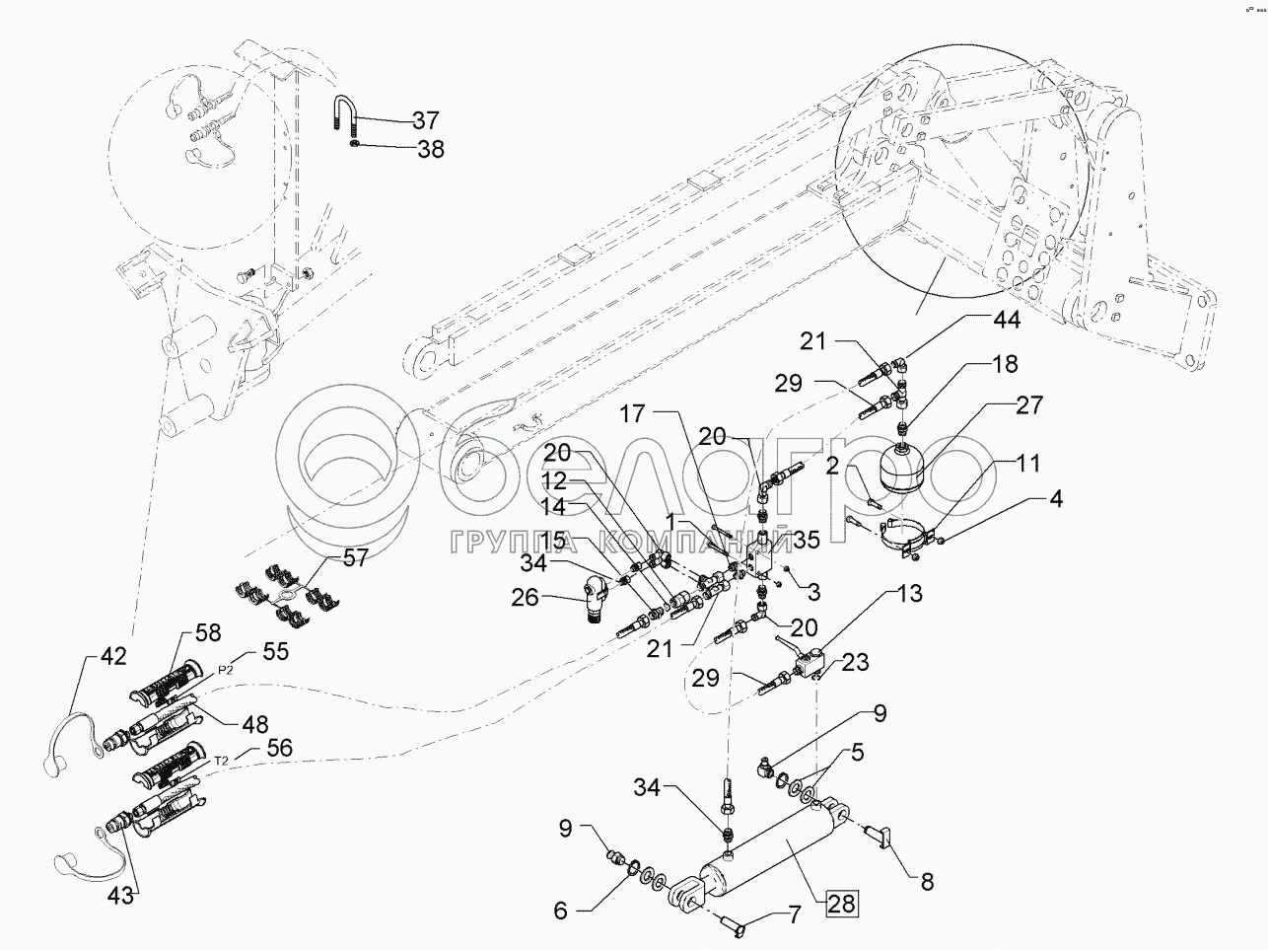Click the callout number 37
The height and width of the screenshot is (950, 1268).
425,121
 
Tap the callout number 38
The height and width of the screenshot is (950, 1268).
430,150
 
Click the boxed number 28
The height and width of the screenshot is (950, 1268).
841,903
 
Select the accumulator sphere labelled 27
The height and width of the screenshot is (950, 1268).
900,467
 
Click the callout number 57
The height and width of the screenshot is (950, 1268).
354,559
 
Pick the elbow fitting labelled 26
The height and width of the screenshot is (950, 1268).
594,592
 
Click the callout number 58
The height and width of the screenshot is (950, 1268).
209,632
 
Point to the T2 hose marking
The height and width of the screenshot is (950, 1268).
221,760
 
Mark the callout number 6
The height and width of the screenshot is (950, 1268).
560,912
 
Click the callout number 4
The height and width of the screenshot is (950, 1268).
1056,501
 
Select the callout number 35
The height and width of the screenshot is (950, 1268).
806,540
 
